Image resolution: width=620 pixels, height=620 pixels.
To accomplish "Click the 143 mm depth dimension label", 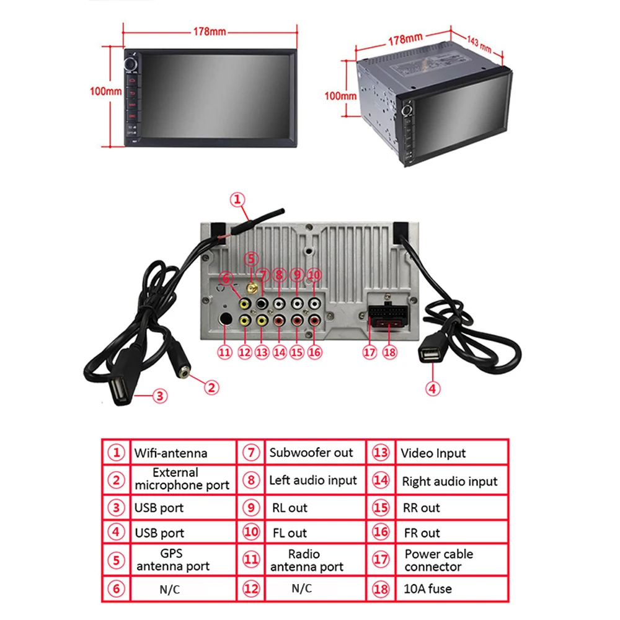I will (x=479, y=44).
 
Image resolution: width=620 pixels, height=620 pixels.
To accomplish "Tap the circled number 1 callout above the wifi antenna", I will (x=238, y=200).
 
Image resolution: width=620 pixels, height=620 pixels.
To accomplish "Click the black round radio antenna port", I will (x=225, y=320).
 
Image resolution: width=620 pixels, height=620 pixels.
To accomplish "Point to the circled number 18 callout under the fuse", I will (x=389, y=352).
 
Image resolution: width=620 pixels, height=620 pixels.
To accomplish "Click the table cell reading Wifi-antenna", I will (x=171, y=453).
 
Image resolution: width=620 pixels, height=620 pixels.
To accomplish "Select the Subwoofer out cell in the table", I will (x=311, y=453).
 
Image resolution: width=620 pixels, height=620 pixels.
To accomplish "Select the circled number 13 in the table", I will (x=381, y=453).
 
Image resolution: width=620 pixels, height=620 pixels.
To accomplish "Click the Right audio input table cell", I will (x=449, y=481).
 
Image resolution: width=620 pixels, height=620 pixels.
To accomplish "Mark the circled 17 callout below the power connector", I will (x=370, y=352).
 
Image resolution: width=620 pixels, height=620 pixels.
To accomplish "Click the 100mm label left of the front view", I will (x=106, y=91).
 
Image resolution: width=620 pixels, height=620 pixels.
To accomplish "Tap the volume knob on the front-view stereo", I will (x=132, y=64).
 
